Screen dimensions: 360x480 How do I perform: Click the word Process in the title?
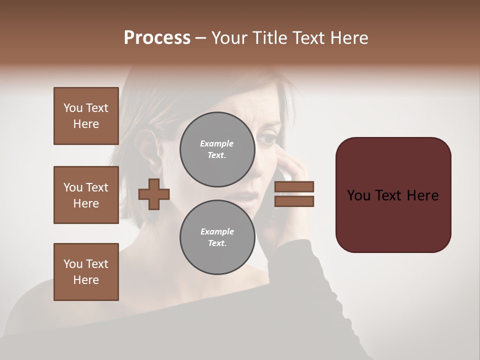(x=157, y=38)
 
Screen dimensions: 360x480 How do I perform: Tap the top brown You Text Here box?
(x=86, y=116)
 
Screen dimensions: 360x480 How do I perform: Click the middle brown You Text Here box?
(x=86, y=195)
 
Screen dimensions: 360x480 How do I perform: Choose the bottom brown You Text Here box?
(x=86, y=272)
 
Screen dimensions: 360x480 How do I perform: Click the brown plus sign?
(x=154, y=194)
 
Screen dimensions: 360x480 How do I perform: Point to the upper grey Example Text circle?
(x=217, y=149)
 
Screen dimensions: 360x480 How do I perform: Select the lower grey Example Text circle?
(x=217, y=237)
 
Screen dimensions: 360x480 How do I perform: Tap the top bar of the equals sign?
(x=294, y=187)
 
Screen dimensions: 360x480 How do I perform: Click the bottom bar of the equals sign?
(x=294, y=201)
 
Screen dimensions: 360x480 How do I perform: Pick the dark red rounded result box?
(x=393, y=195)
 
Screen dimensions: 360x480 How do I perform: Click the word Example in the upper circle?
(x=217, y=143)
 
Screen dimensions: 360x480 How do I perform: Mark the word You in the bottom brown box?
(x=72, y=264)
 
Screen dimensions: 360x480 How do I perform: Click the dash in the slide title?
(x=201, y=38)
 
